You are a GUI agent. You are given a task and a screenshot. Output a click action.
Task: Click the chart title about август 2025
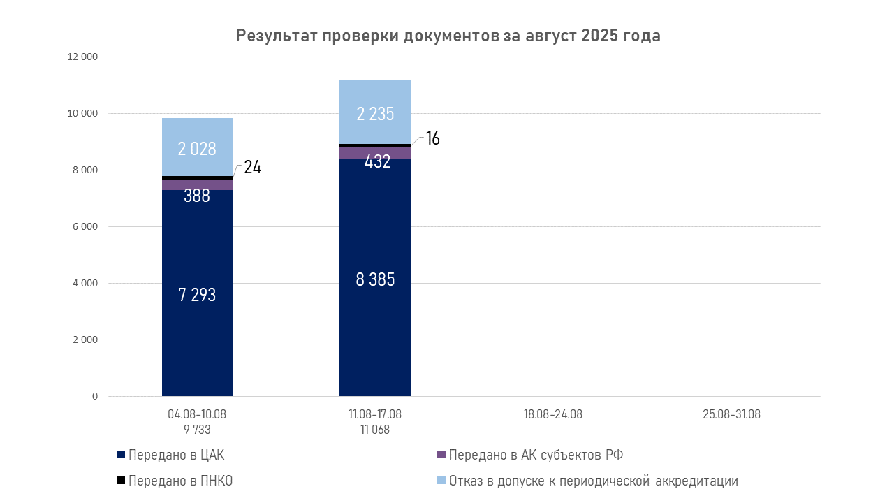click(448, 36)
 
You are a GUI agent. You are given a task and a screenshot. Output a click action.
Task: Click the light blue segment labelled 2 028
click(197, 147)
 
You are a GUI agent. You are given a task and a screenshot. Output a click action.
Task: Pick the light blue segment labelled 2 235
click(375, 112)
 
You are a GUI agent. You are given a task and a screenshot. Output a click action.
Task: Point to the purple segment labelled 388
click(197, 185)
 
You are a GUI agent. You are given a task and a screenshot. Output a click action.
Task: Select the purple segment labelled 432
click(375, 154)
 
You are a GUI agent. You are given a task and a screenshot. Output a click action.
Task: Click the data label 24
click(252, 168)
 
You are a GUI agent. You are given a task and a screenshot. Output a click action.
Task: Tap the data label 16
click(432, 138)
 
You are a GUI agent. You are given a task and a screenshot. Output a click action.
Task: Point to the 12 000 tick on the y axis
click(82, 57)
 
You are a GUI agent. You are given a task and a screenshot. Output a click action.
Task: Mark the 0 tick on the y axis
click(94, 397)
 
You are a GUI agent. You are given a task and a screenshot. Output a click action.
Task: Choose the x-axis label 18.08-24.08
click(552, 414)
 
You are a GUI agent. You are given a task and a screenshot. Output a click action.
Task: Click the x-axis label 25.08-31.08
click(731, 414)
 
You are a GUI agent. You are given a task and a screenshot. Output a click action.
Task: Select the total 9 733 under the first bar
click(197, 430)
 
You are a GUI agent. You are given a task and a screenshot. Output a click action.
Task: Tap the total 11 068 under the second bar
click(375, 430)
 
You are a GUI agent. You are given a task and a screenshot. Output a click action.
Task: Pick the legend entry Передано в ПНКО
click(179, 481)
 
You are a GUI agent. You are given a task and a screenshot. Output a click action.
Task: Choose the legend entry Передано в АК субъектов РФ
click(536, 455)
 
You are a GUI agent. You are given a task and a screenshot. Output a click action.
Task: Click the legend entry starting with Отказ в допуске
click(593, 481)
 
